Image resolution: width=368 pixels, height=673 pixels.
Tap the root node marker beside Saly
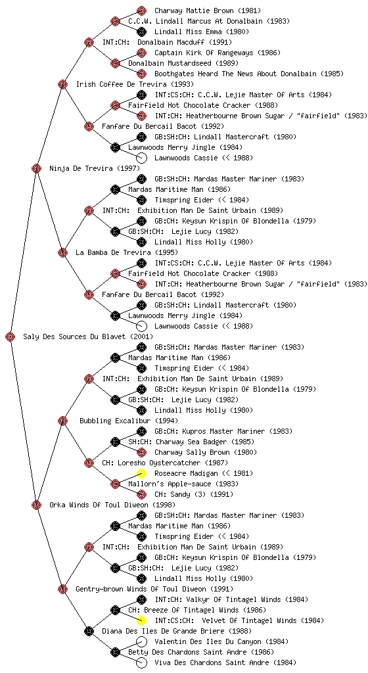coord(11,336)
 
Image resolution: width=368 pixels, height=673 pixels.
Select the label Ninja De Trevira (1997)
coord(87,168)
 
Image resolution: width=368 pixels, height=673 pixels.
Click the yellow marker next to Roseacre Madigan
coord(141,473)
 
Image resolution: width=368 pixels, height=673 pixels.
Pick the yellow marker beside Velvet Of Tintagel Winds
coord(141,620)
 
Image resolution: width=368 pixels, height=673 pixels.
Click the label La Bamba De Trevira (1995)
coord(127,252)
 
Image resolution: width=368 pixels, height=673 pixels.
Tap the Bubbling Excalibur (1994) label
coord(129,421)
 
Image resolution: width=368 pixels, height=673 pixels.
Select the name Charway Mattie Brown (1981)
coord(208,11)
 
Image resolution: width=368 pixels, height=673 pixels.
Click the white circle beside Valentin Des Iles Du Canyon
coord(141,641)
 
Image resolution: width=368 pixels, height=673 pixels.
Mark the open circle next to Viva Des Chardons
coord(141,662)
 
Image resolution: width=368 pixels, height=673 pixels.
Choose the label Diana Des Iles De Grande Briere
coord(177,631)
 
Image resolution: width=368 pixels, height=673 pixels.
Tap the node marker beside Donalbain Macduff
coord(89,42)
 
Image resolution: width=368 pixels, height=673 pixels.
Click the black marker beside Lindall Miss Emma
coord(141,32)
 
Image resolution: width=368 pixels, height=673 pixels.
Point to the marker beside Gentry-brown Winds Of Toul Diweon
coord(62,589)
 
